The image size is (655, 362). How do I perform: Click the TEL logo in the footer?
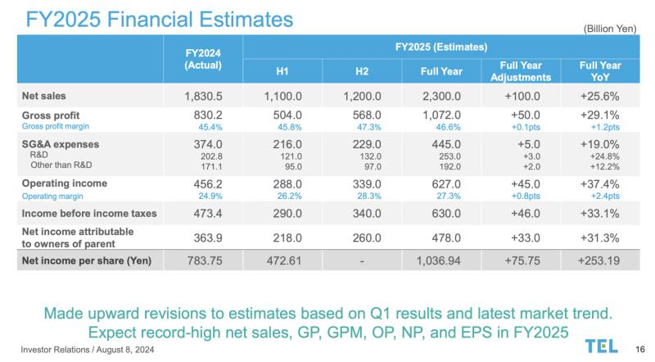coord(602,346)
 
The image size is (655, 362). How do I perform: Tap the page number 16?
coord(640,349)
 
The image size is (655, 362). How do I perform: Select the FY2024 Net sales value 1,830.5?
coord(203,96)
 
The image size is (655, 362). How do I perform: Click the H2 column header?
coord(362,71)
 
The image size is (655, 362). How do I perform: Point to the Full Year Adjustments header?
coord(521,71)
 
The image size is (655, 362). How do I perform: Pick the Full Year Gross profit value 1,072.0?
coord(441,115)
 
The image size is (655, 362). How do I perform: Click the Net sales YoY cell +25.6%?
coord(599,96)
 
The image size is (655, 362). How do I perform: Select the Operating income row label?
coord(65,183)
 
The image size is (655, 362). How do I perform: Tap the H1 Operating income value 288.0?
coord(287,184)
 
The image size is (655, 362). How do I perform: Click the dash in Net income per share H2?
coord(362,261)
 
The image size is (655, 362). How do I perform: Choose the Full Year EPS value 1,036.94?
coord(438,260)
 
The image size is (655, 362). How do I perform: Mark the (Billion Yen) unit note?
coord(610,29)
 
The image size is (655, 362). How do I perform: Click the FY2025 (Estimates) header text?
coord(441,47)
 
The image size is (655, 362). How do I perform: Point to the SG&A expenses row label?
coord(61,144)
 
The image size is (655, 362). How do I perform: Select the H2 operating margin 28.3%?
coord(369,196)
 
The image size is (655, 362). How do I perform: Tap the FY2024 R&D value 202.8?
coord(211,156)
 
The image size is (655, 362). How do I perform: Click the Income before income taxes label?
coord(89,214)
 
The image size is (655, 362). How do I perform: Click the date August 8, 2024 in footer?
coord(125,350)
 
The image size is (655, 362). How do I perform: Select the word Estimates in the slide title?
coord(246,19)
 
